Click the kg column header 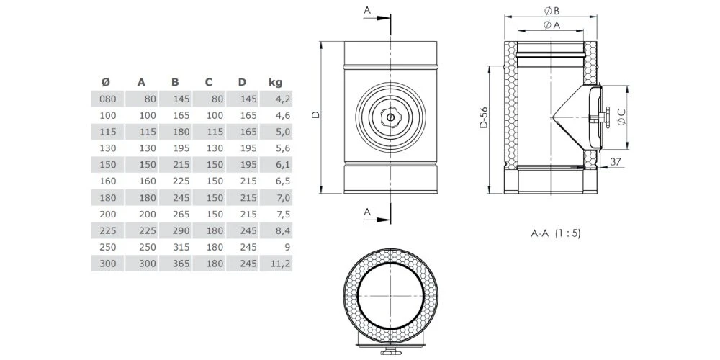tap(274, 81)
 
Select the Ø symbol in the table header tap(106, 81)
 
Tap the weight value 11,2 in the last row tap(281, 264)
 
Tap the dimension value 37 tap(615, 161)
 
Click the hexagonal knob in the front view tap(390, 117)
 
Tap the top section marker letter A tap(367, 11)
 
